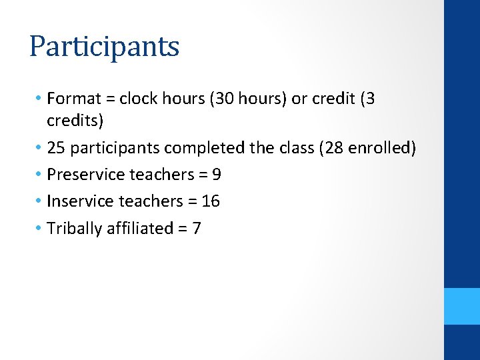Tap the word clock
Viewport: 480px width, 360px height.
pyautogui.click(x=137, y=99)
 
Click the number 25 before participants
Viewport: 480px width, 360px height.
pyautogui.click(x=57, y=147)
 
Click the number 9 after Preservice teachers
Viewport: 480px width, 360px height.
pyautogui.click(x=216, y=175)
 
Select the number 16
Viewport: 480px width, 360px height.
pyautogui.click(x=210, y=201)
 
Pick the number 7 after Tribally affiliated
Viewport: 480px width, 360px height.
pyautogui.click(x=196, y=229)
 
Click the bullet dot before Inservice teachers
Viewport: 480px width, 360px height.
pyautogui.click(x=39, y=201)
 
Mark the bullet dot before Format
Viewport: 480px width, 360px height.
pyautogui.click(x=39, y=99)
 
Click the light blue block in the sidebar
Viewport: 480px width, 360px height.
pyautogui.click(x=462, y=306)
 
